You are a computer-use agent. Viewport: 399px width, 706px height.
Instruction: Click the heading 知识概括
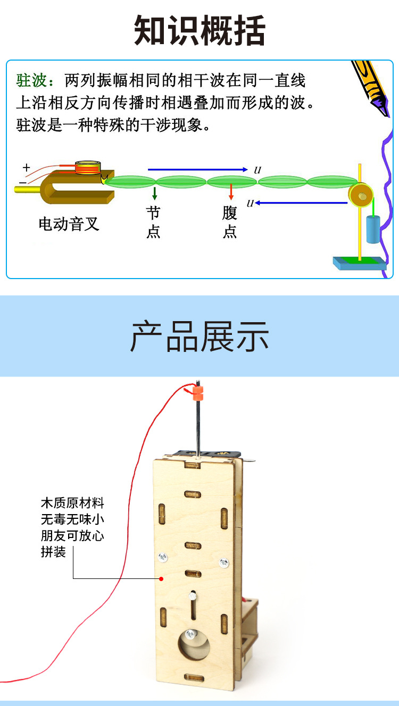coord(199,31)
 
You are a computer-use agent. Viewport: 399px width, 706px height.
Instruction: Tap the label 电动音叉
coord(69,224)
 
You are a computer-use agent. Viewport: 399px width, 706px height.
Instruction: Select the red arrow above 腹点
coord(231,192)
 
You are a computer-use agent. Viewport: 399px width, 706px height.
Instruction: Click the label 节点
coord(153,223)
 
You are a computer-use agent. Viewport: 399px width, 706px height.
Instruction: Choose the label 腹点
coord(230,223)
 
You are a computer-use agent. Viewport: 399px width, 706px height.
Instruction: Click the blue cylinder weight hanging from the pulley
coord(372,230)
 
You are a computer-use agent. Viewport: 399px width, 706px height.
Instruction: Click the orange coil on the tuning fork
coord(88,168)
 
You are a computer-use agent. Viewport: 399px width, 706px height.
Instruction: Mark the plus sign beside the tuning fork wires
coord(26,168)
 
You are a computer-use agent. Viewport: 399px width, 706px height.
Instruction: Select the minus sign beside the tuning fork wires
coord(22,182)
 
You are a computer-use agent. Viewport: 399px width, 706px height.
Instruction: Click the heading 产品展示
coord(199,336)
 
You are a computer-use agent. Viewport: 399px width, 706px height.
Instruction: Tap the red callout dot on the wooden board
coord(161,578)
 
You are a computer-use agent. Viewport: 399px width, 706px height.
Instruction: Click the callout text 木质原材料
coord(72,503)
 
